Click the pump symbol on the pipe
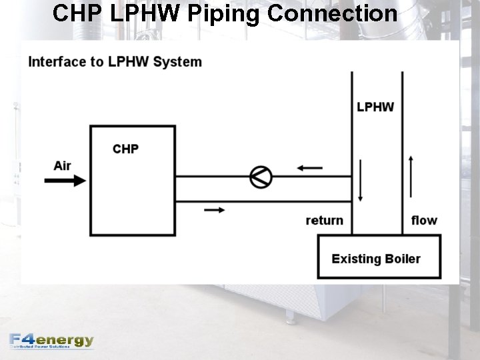[261, 177]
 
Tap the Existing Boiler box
[378, 256]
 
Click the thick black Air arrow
[65, 180]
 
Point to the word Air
[62, 165]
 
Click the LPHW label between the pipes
[375, 107]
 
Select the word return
[325, 220]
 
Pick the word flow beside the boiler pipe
[424, 220]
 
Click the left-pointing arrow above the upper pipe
[309, 168]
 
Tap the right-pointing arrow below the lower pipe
[213, 210]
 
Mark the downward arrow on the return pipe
[361, 180]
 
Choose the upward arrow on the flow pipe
[411, 177]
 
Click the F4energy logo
[52, 341]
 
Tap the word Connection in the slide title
[333, 13]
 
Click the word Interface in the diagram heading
[57, 62]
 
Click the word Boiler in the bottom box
[400, 259]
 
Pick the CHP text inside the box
[125, 149]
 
